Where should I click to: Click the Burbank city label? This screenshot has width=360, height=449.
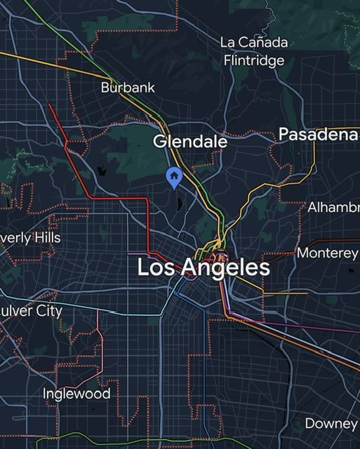(x=128, y=88)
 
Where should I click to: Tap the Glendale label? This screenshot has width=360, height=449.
(x=190, y=141)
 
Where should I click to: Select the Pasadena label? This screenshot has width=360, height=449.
(x=319, y=134)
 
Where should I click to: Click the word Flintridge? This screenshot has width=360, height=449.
(x=254, y=60)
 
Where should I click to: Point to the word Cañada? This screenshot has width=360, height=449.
(x=263, y=42)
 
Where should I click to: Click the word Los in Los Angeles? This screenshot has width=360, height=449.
(x=154, y=267)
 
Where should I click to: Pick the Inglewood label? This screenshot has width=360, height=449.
(x=76, y=394)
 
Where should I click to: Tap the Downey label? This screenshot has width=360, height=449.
(x=331, y=423)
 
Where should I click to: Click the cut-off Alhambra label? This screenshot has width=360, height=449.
(x=333, y=208)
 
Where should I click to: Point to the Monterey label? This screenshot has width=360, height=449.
(x=328, y=253)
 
